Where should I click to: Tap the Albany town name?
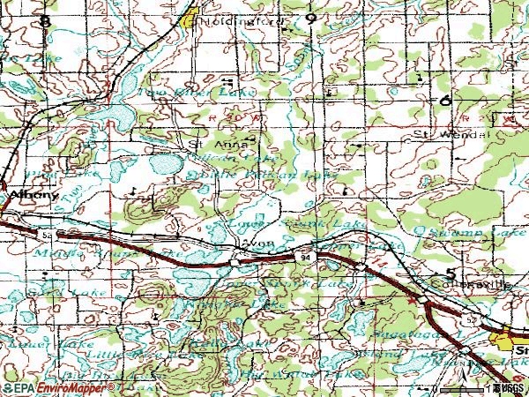[x=19, y=196]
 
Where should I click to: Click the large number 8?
[x=45, y=19]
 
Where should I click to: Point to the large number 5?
[x=451, y=273]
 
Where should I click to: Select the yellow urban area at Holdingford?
[x=189, y=17]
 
